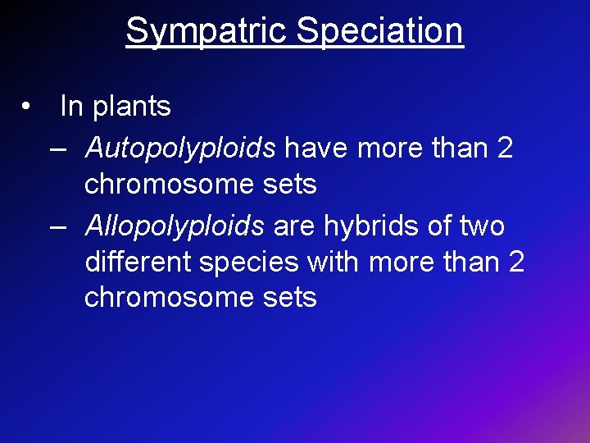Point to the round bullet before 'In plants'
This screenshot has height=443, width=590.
pyautogui.click(x=28, y=107)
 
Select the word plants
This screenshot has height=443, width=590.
pyautogui.click(x=131, y=107)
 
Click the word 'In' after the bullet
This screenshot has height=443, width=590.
pyautogui.click(x=71, y=106)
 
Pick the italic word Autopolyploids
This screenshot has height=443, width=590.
pyautogui.click(x=180, y=148)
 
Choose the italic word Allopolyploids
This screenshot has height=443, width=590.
pyautogui.click(x=175, y=226)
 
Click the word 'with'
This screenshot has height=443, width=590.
pyautogui.click(x=335, y=262)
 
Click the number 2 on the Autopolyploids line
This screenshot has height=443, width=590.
pyautogui.click(x=505, y=148)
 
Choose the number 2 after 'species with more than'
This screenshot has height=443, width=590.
pyautogui.click(x=515, y=262)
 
